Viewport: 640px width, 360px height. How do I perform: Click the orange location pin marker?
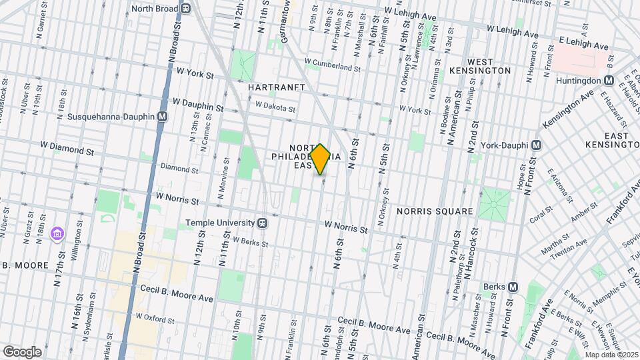321,159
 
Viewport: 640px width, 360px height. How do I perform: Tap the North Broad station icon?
185,9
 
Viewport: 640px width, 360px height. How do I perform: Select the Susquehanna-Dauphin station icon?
162,116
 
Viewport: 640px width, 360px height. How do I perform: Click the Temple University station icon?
263,223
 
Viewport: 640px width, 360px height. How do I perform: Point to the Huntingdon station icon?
608,80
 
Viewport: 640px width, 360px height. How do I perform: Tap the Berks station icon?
513,287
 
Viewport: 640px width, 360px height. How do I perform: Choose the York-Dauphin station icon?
536,145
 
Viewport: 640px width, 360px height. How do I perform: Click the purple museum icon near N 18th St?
57,233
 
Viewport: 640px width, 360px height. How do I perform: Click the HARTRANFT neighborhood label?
276,87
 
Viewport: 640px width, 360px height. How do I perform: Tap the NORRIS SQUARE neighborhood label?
435,211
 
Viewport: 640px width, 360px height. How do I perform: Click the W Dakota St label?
275,104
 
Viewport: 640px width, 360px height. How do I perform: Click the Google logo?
22,351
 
